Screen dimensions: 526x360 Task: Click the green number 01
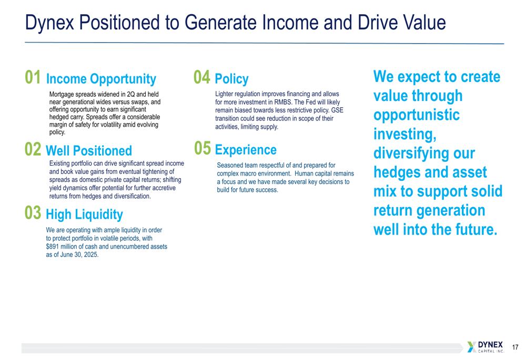click(x=33, y=77)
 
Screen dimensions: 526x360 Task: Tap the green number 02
click(x=33, y=149)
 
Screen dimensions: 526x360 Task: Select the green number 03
click(x=33, y=212)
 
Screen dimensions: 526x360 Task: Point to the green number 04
click(x=202, y=77)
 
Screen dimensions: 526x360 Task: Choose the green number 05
click(x=203, y=148)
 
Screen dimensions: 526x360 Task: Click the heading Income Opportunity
click(x=101, y=79)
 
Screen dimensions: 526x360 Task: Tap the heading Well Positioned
click(x=89, y=151)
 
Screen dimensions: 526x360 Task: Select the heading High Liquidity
click(x=84, y=214)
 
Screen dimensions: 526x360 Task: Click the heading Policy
click(x=231, y=79)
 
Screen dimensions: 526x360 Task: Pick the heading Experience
click(x=246, y=150)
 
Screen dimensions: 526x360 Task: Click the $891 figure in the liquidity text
click(x=52, y=246)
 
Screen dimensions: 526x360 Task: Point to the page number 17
click(x=515, y=347)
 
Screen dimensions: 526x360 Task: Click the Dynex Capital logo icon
click(x=472, y=347)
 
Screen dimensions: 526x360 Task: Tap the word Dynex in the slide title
click(x=49, y=23)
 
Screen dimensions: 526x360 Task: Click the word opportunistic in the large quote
click(x=416, y=115)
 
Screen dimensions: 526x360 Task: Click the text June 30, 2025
click(x=80, y=255)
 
